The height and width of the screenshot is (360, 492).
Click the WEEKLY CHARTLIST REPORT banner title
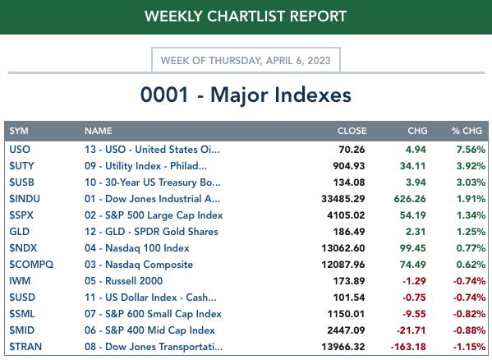(246, 16)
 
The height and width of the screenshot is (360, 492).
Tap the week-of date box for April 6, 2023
(246, 60)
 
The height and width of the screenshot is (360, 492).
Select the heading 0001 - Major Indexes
(246, 95)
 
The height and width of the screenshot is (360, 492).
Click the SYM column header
(19, 131)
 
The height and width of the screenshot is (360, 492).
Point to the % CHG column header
(467, 131)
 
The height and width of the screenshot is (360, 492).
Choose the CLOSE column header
(352, 131)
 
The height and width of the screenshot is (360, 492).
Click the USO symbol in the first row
(20, 150)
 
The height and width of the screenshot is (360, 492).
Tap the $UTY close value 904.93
(349, 166)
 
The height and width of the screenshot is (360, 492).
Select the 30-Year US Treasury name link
(153, 182)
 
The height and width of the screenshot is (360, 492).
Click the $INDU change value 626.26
(410, 199)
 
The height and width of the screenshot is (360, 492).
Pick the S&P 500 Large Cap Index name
(154, 215)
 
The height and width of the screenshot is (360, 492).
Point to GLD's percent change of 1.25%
(471, 232)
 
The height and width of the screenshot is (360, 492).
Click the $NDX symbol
(23, 248)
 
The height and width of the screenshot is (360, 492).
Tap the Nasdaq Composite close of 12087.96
(343, 265)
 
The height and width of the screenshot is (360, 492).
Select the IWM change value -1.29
(414, 281)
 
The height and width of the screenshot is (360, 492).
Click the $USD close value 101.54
(349, 298)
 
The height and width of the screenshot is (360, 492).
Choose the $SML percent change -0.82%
(469, 314)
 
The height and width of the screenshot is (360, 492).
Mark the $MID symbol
(22, 330)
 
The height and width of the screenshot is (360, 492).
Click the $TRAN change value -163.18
(408, 347)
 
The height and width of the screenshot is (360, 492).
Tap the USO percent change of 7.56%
(471, 150)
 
